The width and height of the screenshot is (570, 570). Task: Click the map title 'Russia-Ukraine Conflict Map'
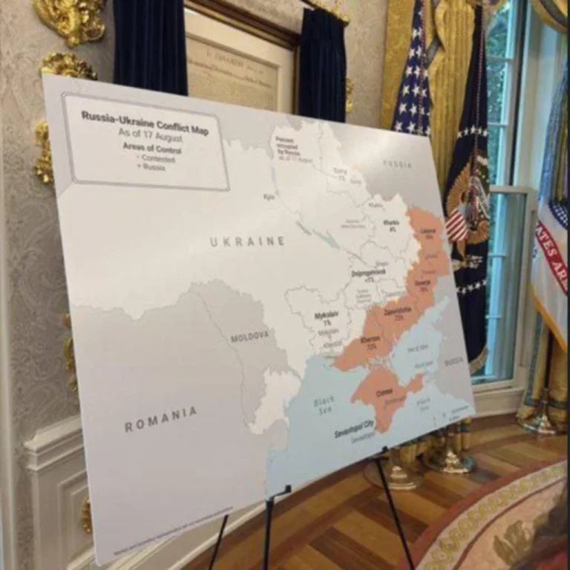click(145, 121)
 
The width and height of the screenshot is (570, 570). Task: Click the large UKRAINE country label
click(247, 241)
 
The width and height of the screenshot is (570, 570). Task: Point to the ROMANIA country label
click(160, 419)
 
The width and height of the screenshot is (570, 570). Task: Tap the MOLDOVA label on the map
click(249, 336)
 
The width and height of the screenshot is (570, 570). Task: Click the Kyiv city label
click(269, 197)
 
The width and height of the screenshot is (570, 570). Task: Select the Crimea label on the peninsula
click(384, 391)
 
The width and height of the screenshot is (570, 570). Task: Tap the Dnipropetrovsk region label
click(368, 273)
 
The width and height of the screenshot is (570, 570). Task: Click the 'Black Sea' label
click(324, 405)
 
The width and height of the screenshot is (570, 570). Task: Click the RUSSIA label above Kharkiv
click(398, 163)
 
